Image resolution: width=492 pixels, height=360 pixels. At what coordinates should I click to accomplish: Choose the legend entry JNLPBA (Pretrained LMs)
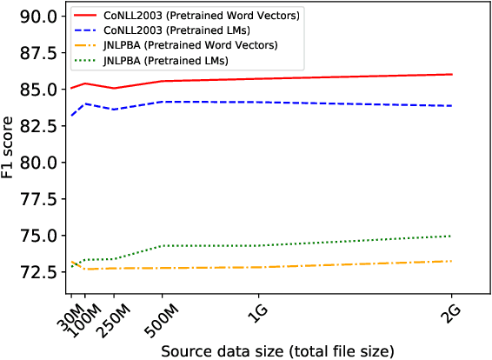tap(156, 60)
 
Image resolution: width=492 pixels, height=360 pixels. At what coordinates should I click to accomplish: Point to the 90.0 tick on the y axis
tap(40, 17)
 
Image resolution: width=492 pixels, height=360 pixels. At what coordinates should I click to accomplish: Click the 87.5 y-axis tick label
tap(40, 53)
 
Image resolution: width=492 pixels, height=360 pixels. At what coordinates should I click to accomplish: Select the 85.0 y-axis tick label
tap(40, 90)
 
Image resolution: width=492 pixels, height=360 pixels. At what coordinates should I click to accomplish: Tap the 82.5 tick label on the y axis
tap(40, 126)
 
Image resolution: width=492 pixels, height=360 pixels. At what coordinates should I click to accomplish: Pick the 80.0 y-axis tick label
tap(40, 163)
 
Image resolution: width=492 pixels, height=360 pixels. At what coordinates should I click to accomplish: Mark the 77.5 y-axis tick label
tap(40, 199)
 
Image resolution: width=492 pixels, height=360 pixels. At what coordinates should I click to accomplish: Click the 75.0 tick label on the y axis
tap(40, 236)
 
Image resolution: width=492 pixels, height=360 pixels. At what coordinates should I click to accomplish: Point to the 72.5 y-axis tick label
tap(40, 272)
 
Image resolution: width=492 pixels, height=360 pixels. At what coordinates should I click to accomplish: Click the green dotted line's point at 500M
tap(162, 246)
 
